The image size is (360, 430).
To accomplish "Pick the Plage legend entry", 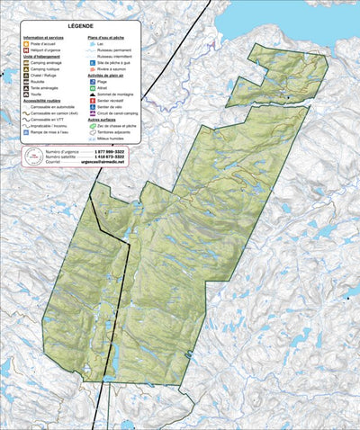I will pyautogui.click(x=106, y=81).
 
